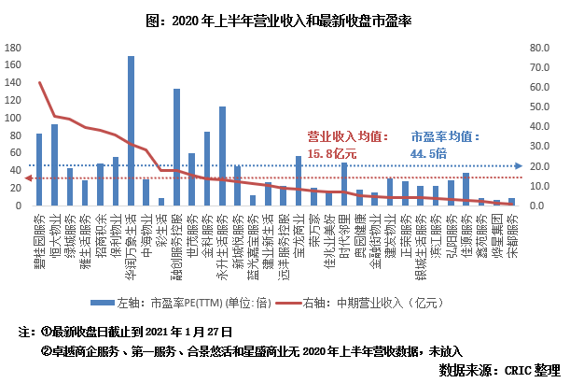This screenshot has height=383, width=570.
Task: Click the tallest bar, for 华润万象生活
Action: coord(131,131)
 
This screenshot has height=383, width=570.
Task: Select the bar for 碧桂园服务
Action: coord(39,169)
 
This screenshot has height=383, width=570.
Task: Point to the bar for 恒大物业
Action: coord(54,164)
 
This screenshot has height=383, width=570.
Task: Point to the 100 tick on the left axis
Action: coord(12,118)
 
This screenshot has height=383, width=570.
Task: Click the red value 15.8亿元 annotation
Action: coord(333,152)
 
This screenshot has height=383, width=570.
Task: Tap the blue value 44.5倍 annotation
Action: coord(428,152)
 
